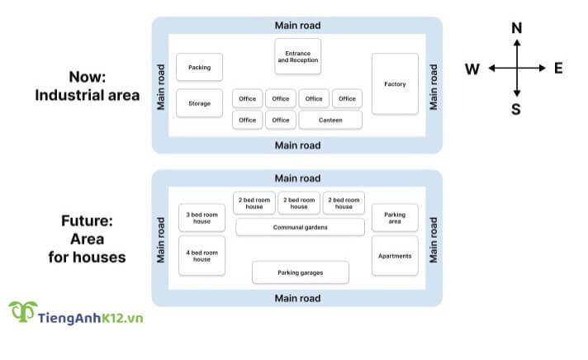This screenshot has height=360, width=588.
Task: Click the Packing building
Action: [x=200, y=68]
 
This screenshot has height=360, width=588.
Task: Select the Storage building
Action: [x=200, y=103]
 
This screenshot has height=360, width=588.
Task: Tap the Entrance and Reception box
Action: [x=297, y=56]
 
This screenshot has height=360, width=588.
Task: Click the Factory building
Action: [x=395, y=84]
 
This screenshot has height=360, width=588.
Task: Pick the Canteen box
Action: [x=330, y=121]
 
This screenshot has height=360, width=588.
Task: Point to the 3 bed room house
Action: [x=202, y=218]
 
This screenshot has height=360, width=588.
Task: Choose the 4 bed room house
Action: [x=202, y=255]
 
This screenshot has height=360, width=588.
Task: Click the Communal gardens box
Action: [x=300, y=227]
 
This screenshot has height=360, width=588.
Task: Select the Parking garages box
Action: [x=300, y=272]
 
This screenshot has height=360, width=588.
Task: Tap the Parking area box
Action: [x=395, y=218]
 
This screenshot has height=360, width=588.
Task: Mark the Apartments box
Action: [x=395, y=256]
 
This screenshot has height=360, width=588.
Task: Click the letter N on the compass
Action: [x=517, y=28]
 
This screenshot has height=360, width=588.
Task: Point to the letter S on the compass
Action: [x=516, y=108]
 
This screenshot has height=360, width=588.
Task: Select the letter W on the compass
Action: [x=472, y=69]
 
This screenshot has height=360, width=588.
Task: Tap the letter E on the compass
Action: [x=558, y=68]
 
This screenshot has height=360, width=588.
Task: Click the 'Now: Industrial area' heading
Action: [x=87, y=86]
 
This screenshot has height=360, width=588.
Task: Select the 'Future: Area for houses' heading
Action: [x=87, y=239]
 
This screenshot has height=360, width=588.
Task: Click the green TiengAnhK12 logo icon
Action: [x=22, y=313]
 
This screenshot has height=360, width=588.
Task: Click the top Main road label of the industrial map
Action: [x=297, y=25]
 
